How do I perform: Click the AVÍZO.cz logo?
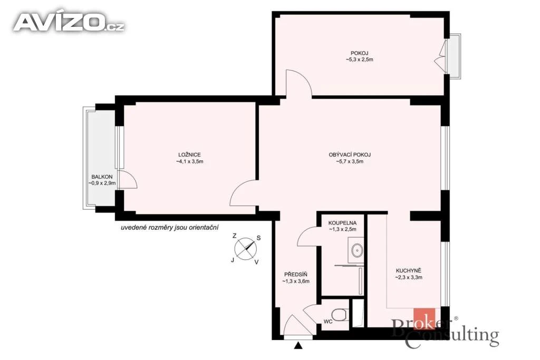[69, 23]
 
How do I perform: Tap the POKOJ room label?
[359, 53]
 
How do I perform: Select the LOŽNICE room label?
[189, 155]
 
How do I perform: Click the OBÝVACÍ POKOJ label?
[350, 155]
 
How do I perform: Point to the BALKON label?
[102, 177]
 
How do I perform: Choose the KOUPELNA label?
[342, 223]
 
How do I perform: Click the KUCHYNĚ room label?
[409, 270]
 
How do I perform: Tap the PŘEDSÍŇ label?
[295, 274]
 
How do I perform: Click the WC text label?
[328, 322]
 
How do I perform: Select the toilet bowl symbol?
[340, 315]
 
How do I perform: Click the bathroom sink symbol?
[356, 249]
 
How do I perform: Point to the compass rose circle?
[246, 248]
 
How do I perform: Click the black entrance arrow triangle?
[298, 345]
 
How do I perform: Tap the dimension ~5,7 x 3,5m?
[350, 161]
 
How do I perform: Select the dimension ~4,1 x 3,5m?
[189, 161]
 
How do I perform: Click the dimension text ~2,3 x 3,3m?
[409, 277]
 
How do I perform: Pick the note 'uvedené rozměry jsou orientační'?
[170, 228]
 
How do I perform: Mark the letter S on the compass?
[258, 238]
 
